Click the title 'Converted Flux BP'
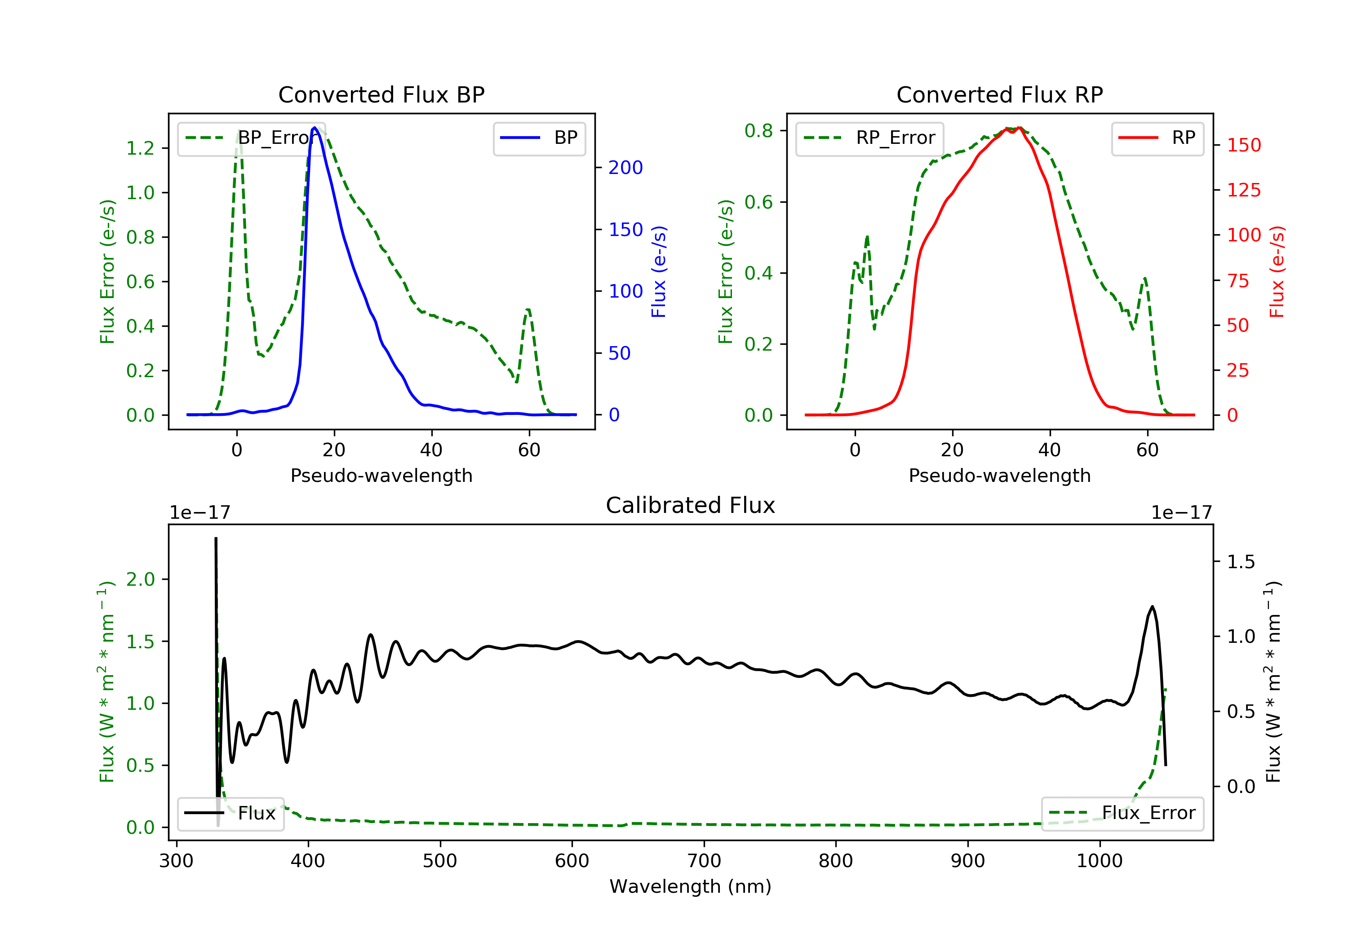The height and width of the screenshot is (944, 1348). [x=381, y=94]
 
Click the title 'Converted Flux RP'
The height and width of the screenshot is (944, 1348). [x=1000, y=94]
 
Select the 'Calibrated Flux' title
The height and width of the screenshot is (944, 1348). [x=691, y=505]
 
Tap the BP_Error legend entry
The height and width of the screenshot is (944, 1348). [x=251, y=138]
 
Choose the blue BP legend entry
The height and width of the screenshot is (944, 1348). [x=539, y=138]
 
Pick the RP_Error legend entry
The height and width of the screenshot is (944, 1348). [x=869, y=138]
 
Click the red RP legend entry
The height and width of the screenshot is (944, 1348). [x=1157, y=138]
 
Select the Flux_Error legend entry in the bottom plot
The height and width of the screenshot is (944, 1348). [x=1122, y=813]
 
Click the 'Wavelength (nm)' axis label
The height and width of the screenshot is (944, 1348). [x=691, y=886]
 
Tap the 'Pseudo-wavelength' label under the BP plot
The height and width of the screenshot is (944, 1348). [x=381, y=475]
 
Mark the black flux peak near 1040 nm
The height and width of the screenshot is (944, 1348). [x=1152, y=607]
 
